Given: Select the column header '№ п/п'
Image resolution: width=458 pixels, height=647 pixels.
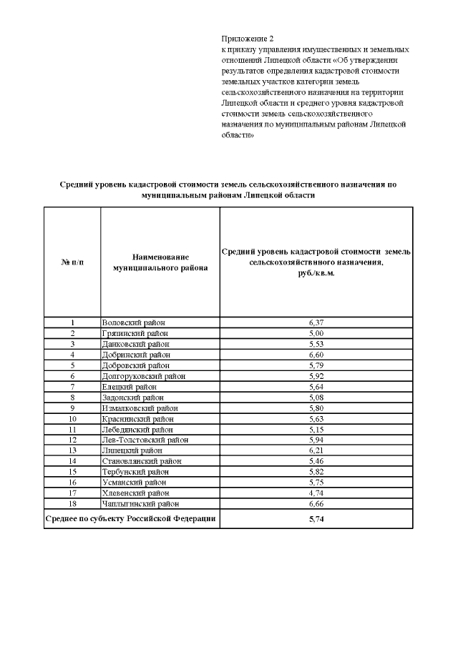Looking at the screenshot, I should tap(72, 262).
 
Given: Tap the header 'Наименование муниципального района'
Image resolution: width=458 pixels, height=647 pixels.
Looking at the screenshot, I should tap(160, 262).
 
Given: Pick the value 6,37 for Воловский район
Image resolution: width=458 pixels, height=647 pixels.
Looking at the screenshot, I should tap(316, 322).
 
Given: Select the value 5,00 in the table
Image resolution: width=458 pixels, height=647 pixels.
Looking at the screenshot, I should tap(316, 333).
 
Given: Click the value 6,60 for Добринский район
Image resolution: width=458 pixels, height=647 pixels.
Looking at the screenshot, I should tap(316, 355).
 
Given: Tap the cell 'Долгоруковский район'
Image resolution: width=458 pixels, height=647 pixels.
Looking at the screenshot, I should tap(143, 376).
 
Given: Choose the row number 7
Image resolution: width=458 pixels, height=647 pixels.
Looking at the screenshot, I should tap(72, 387).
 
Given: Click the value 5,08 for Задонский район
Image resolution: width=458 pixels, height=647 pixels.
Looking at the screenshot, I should tap(316, 397).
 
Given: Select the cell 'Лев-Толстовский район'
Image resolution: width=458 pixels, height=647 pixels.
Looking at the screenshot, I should tap(145, 440).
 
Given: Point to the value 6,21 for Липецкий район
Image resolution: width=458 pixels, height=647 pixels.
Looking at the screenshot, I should tap(316, 451).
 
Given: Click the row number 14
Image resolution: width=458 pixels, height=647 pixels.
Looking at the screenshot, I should tap(72, 461).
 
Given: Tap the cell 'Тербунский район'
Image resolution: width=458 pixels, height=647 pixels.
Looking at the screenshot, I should tap(136, 472).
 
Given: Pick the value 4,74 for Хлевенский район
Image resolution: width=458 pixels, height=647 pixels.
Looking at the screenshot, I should tap(316, 493).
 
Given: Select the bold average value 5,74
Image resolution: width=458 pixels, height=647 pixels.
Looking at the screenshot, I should tap(316, 519).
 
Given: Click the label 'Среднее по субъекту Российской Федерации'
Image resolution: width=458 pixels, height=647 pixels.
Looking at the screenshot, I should tap(131, 518).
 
